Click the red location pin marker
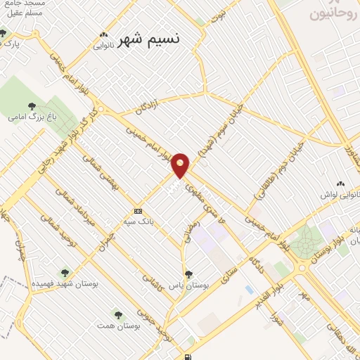181,165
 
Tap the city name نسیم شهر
150,39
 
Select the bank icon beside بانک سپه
138,211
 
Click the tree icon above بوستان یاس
188,274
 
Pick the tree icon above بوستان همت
117,314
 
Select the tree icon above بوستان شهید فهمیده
65,272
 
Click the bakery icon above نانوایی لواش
340,183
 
